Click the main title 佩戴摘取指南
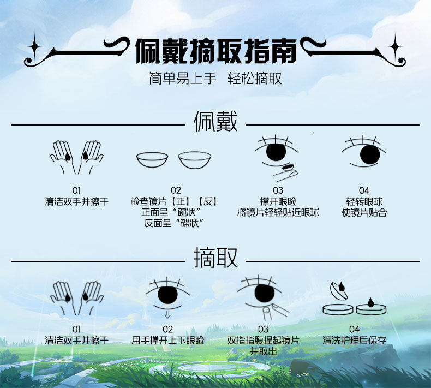215,51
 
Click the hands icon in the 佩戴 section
76,157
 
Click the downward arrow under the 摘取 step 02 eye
167,314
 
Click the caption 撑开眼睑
278,202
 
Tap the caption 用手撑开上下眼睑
167,341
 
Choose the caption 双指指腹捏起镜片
264,341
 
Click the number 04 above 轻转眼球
364,190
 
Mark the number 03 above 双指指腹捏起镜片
264,329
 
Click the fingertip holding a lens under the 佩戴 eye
285,172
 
